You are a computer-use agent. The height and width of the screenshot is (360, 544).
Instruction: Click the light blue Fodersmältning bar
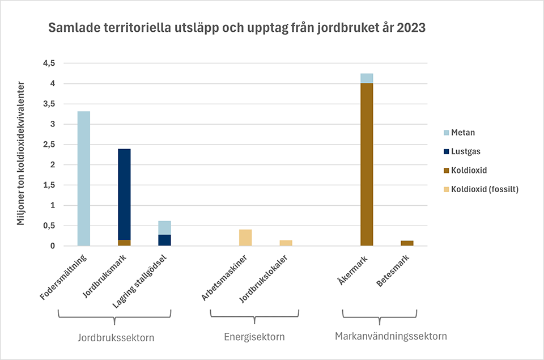point(83,179)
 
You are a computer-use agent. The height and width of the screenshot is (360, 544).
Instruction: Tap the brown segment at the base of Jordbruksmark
point(124,243)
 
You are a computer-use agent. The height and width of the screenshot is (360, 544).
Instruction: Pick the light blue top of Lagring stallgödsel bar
point(164,227)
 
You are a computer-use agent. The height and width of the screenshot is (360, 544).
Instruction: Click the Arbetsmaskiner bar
point(245,238)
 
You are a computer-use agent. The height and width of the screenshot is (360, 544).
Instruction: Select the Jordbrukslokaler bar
point(286,243)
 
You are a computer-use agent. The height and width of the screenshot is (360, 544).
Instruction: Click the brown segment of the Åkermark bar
point(367,164)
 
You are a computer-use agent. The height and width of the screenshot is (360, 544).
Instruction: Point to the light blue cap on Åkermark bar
point(367,78)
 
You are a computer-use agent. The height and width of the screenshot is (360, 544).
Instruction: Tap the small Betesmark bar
point(407,243)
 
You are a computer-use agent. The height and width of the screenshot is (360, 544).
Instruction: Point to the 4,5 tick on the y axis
point(49,63)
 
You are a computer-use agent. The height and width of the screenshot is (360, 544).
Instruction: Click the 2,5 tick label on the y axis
point(49,145)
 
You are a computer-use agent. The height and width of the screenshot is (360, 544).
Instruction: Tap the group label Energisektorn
point(254,337)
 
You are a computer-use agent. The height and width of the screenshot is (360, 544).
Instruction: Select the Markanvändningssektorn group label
point(391,336)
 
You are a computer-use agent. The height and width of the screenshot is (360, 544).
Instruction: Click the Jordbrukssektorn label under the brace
point(116,337)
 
